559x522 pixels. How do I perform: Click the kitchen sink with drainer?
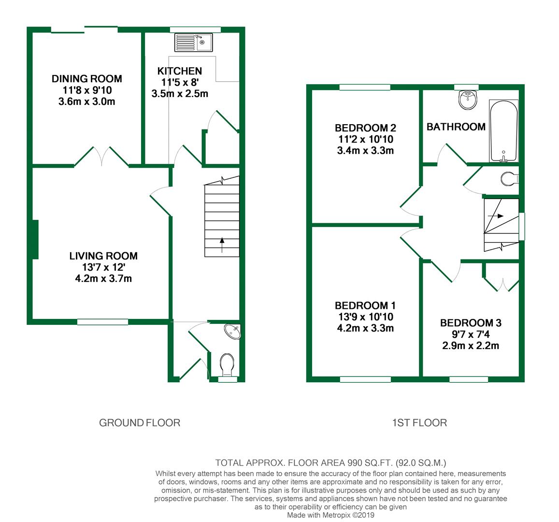click(194, 43)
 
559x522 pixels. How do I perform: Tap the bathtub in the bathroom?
click(504, 131)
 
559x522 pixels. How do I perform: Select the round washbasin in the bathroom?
click(468, 100)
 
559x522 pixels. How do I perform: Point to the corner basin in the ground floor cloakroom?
click(233, 332)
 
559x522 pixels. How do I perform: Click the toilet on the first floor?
click(509, 179)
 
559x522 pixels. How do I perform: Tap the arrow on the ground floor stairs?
click(222, 245)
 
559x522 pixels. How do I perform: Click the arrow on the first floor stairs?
click(496, 216)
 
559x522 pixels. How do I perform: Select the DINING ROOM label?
click(87, 79)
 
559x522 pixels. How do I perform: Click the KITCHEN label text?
click(180, 71)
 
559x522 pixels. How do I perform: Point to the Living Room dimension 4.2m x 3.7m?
click(103, 278)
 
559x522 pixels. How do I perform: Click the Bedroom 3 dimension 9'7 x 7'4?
click(471, 334)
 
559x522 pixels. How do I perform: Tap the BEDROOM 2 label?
click(365, 128)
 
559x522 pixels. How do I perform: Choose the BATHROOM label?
click(456, 127)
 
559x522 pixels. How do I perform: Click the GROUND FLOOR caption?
click(140, 423)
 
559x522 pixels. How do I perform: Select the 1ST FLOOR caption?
click(419, 423)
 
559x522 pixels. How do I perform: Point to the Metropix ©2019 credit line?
click(331, 515)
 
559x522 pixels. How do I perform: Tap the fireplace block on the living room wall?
click(35, 240)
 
